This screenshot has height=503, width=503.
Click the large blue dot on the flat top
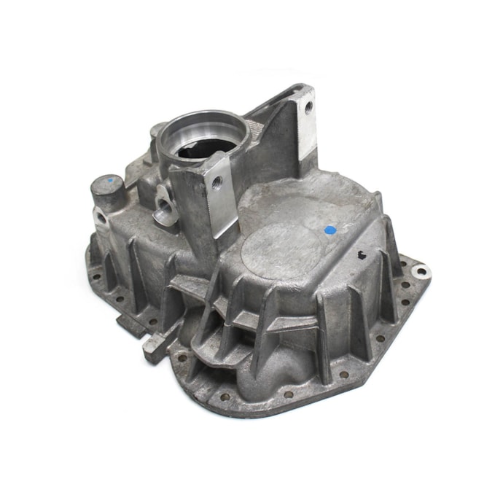[330, 230]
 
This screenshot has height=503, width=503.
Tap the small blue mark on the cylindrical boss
[110, 179]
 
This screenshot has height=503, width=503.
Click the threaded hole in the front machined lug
[217, 183]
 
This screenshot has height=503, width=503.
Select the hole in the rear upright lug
[308, 107]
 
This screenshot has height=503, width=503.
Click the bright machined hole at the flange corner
[420, 273]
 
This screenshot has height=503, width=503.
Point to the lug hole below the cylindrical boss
[100, 217]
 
